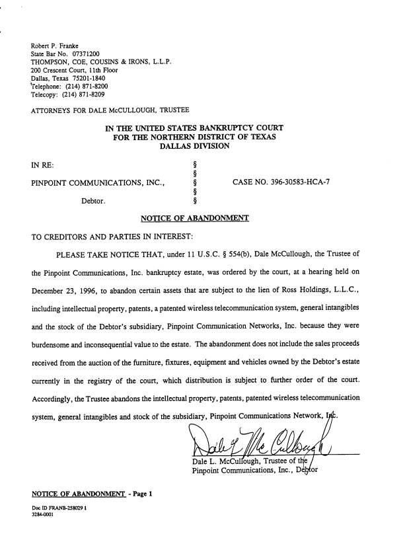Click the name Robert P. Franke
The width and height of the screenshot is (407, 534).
point(55,46)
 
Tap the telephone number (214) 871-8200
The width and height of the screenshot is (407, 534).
point(85,86)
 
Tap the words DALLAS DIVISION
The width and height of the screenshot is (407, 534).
point(194,147)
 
